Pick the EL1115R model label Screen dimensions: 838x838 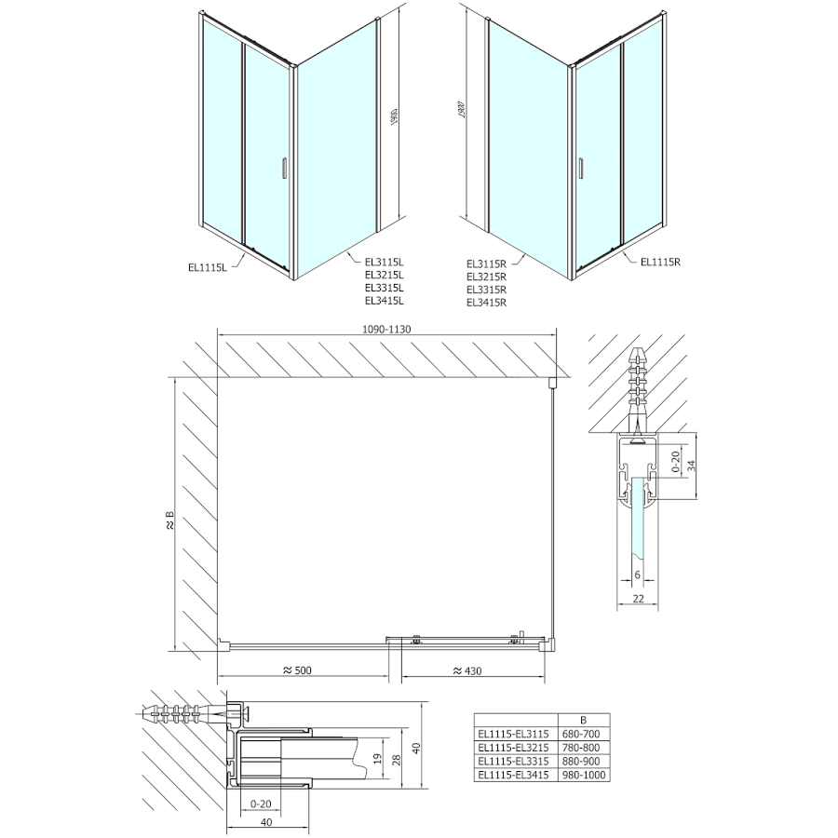click(661, 262)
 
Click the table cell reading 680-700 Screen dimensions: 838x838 click(583, 733)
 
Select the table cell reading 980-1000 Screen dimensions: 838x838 click(583, 774)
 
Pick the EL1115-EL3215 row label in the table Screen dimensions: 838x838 click(515, 747)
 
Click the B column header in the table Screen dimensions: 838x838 click(583, 720)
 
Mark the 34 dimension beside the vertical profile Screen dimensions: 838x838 click(690, 466)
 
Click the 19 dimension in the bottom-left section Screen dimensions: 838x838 click(376, 757)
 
